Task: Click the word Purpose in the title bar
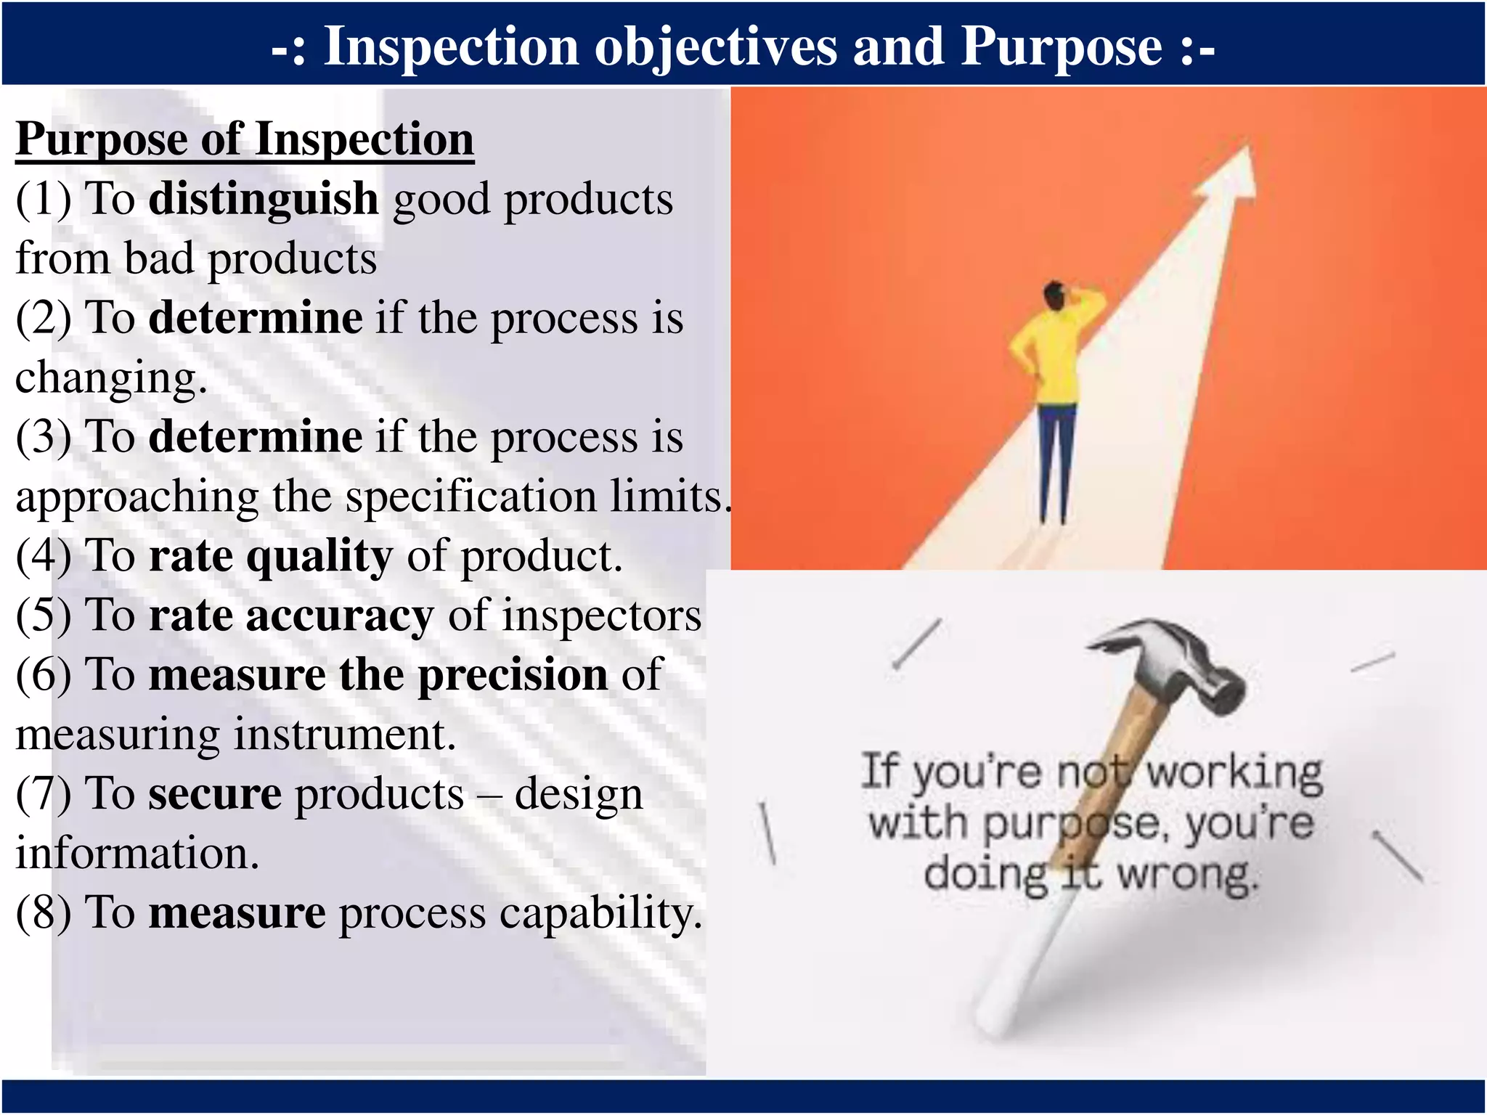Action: click(x=1061, y=47)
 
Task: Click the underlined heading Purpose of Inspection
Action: click(x=245, y=139)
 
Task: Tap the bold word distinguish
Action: click(x=264, y=199)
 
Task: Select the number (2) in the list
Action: click(x=44, y=318)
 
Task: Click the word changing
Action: click(x=110, y=378)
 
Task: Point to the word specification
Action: click(x=470, y=497)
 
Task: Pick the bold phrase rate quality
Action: click(x=270, y=557)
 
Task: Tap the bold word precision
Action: click(x=513, y=675)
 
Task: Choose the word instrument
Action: click(x=343, y=735)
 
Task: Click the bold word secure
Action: click(x=215, y=794)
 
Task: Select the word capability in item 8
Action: click(x=600, y=913)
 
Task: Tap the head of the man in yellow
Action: click(x=1054, y=295)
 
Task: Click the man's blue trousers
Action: click(x=1055, y=457)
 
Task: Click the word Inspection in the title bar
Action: click(x=451, y=47)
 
